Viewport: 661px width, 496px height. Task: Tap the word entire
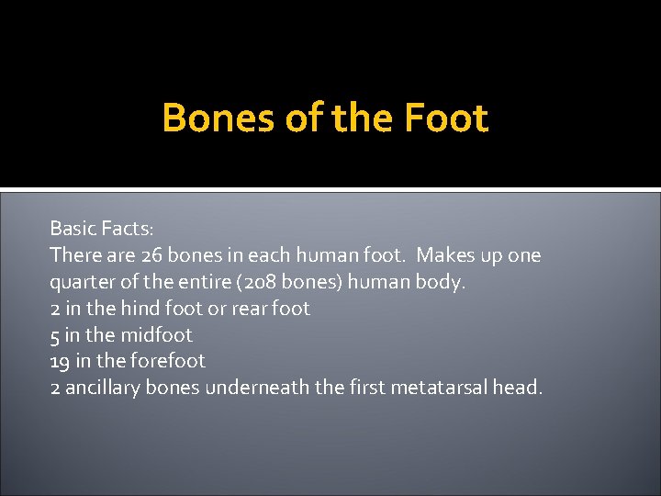[x=207, y=281]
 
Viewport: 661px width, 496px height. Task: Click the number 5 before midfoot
[x=55, y=334]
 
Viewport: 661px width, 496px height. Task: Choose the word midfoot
[x=157, y=334]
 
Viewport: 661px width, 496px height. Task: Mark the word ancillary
[x=102, y=388]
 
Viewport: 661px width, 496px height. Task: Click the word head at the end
[x=517, y=388]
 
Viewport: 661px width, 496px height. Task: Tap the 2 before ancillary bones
[x=55, y=388]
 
